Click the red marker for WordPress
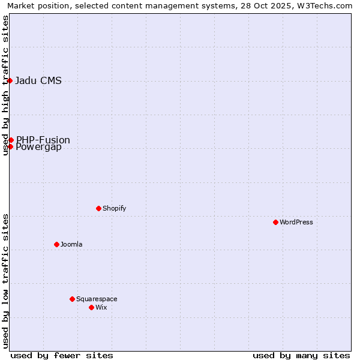[275, 222]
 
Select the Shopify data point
[98, 208]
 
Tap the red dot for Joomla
[56, 244]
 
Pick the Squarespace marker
[72, 299]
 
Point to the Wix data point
[91, 307]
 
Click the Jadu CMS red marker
[10, 80]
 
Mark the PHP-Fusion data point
[11, 140]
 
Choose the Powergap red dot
[10, 146]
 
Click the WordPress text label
[296, 222]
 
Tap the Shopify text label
[114, 208]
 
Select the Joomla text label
[71, 244]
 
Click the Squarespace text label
[97, 299]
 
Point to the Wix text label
[101, 307]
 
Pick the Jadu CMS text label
[38, 81]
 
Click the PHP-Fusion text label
[43, 140]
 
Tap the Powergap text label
[38, 148]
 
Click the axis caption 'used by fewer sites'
[62, 355]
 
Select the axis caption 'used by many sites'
[301, 355]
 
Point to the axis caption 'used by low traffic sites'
[6, 281]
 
